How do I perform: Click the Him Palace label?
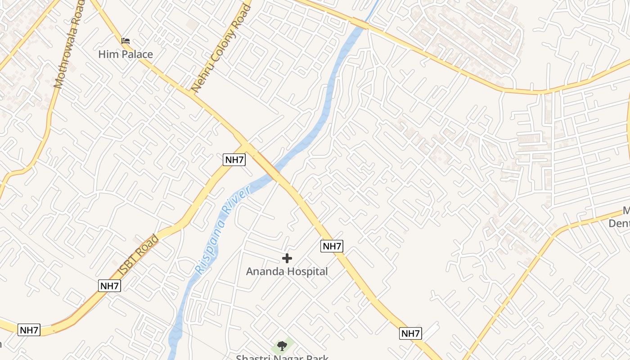tap(126, 54)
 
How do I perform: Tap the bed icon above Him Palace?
tap(126, 40)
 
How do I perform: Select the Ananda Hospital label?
tap(287, 271)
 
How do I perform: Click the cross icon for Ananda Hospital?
tap(287, 258)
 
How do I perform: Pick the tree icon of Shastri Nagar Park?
tap(282, 346)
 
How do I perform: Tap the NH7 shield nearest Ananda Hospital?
tap(332, 246)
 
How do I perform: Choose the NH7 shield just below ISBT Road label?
tap(109, 285)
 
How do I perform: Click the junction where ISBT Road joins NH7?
tap(247, 147)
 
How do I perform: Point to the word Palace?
tap(138, 54)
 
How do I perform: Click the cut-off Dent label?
tap(620, 223)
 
